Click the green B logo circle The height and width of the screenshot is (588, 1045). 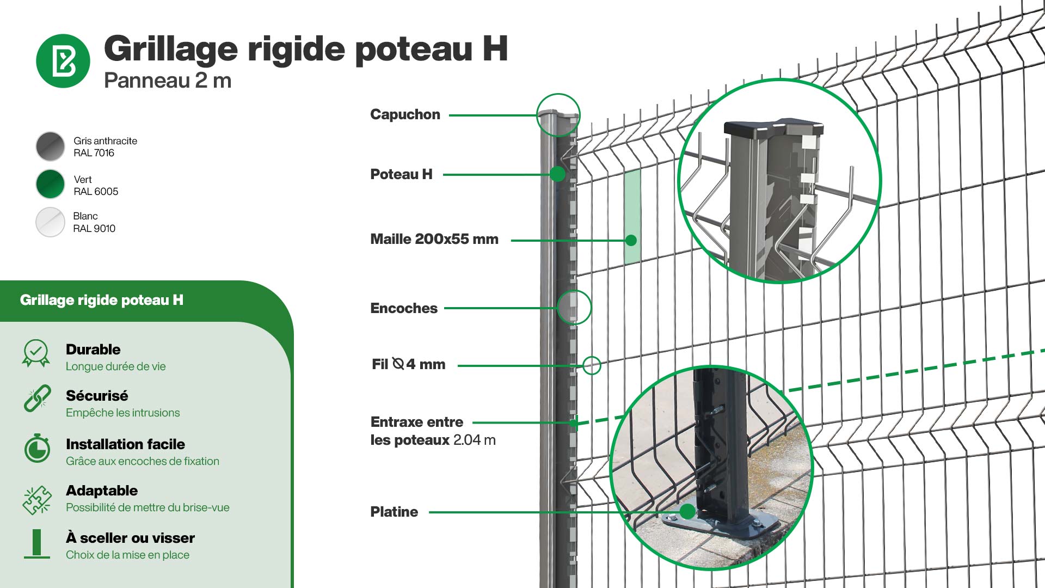pyautogui.click(x=63, y=61)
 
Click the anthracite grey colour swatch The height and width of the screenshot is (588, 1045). pyautogui.click(x=50, y=146)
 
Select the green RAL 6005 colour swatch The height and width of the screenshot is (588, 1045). pyautogui.click(x=50, y=185)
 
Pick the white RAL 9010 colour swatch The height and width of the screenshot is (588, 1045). pyautogui.click(x=50, y=222)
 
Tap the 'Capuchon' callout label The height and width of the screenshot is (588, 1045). pyautogui.click(x=405, y=114)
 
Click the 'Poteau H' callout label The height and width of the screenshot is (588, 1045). pyautogui.click(x=401, y=174)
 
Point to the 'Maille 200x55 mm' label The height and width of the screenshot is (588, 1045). pyautogui.click(x=434, y=239)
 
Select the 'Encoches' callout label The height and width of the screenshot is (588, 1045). pyautogui.click(x=404, y=308)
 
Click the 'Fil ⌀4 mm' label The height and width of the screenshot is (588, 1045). pyautogui.click(x=408, y=364)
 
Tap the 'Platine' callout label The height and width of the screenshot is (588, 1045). pyautogui.click(x=394, y=512)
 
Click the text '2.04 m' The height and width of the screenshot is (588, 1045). pyautogui.click(x=474, y=440)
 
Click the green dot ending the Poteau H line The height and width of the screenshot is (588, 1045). pyautogui.click(x=557, y=174)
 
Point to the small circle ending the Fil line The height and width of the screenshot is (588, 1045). pyautogui.click(x=592, y=365)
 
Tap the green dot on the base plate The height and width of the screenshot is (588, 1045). pyautogui.click(x=688, y=511)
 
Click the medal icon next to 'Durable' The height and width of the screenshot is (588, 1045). pyautogui.click(x=36, y=354)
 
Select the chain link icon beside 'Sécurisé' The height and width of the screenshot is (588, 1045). pyautogui.click(x=37, y=399)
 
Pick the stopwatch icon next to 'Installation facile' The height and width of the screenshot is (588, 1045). pyautogui.click(x=37, y=449)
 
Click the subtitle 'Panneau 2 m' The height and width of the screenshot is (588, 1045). pyautogui.click(x=168, y=81)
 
